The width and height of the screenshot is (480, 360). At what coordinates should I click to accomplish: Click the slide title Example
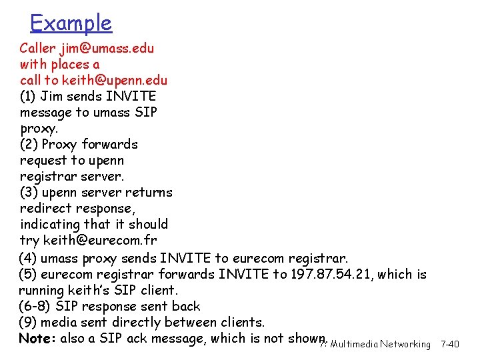(x=71, y=23)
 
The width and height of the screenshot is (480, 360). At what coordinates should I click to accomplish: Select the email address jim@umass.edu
(x=107, y=49)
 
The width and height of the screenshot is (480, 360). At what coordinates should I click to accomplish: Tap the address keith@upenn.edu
(x=115, y=81)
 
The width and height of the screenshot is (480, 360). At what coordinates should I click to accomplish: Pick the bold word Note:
(x=37, y=339)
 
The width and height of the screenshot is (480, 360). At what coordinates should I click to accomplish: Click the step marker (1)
(x=29, y=97)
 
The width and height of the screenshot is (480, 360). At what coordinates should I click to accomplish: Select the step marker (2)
(x=29, y=145)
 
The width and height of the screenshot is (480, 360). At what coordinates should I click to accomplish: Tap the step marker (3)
(x=29, y=193)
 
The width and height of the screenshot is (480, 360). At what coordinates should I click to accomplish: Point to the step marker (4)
(x=29, y=258)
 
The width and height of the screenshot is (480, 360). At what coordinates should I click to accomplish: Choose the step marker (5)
(x=29, y=274)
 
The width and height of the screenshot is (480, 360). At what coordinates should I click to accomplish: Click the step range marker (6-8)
(x=35, y=307)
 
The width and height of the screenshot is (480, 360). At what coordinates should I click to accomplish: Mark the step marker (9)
(x=29, y=323)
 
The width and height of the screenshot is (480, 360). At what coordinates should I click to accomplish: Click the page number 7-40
(x=450, y=345)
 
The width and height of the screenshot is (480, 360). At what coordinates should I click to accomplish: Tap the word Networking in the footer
(x=405, y=345)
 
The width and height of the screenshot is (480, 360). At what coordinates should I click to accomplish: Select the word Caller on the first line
(x=37, y=49)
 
